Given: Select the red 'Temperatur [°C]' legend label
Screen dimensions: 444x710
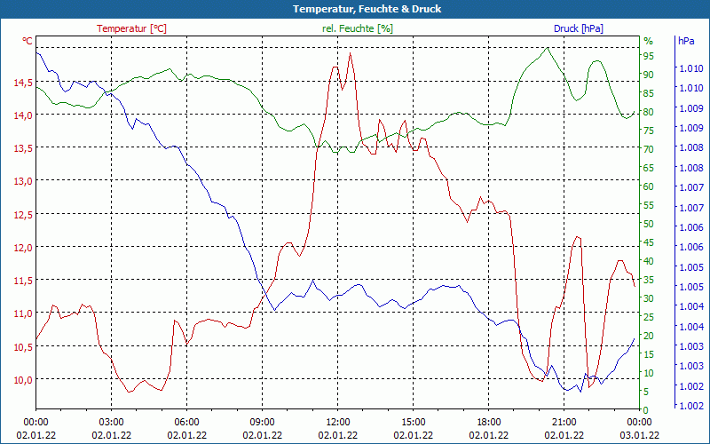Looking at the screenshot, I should (131, 28).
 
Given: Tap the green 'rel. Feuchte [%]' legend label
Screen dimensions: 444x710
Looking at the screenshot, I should (357, 28).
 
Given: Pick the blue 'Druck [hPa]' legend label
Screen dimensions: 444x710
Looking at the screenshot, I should (578, 28).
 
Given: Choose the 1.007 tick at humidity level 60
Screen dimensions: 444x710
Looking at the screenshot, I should (691, 187).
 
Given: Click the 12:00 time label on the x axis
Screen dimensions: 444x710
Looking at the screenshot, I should (337, 421).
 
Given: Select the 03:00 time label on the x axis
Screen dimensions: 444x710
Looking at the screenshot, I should (111, 421).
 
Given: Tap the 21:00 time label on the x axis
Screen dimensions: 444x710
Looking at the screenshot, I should (564, 421).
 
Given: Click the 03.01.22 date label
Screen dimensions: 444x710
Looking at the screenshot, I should (639, 435).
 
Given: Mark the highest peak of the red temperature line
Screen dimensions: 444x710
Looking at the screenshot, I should (351, 53).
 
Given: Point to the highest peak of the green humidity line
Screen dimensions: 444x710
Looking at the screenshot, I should (548, 48).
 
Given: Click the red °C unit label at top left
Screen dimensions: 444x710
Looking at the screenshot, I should (28, 41).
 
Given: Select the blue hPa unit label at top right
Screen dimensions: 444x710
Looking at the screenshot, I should (686, 41).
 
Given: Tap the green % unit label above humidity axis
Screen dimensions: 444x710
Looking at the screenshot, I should (648, 41).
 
